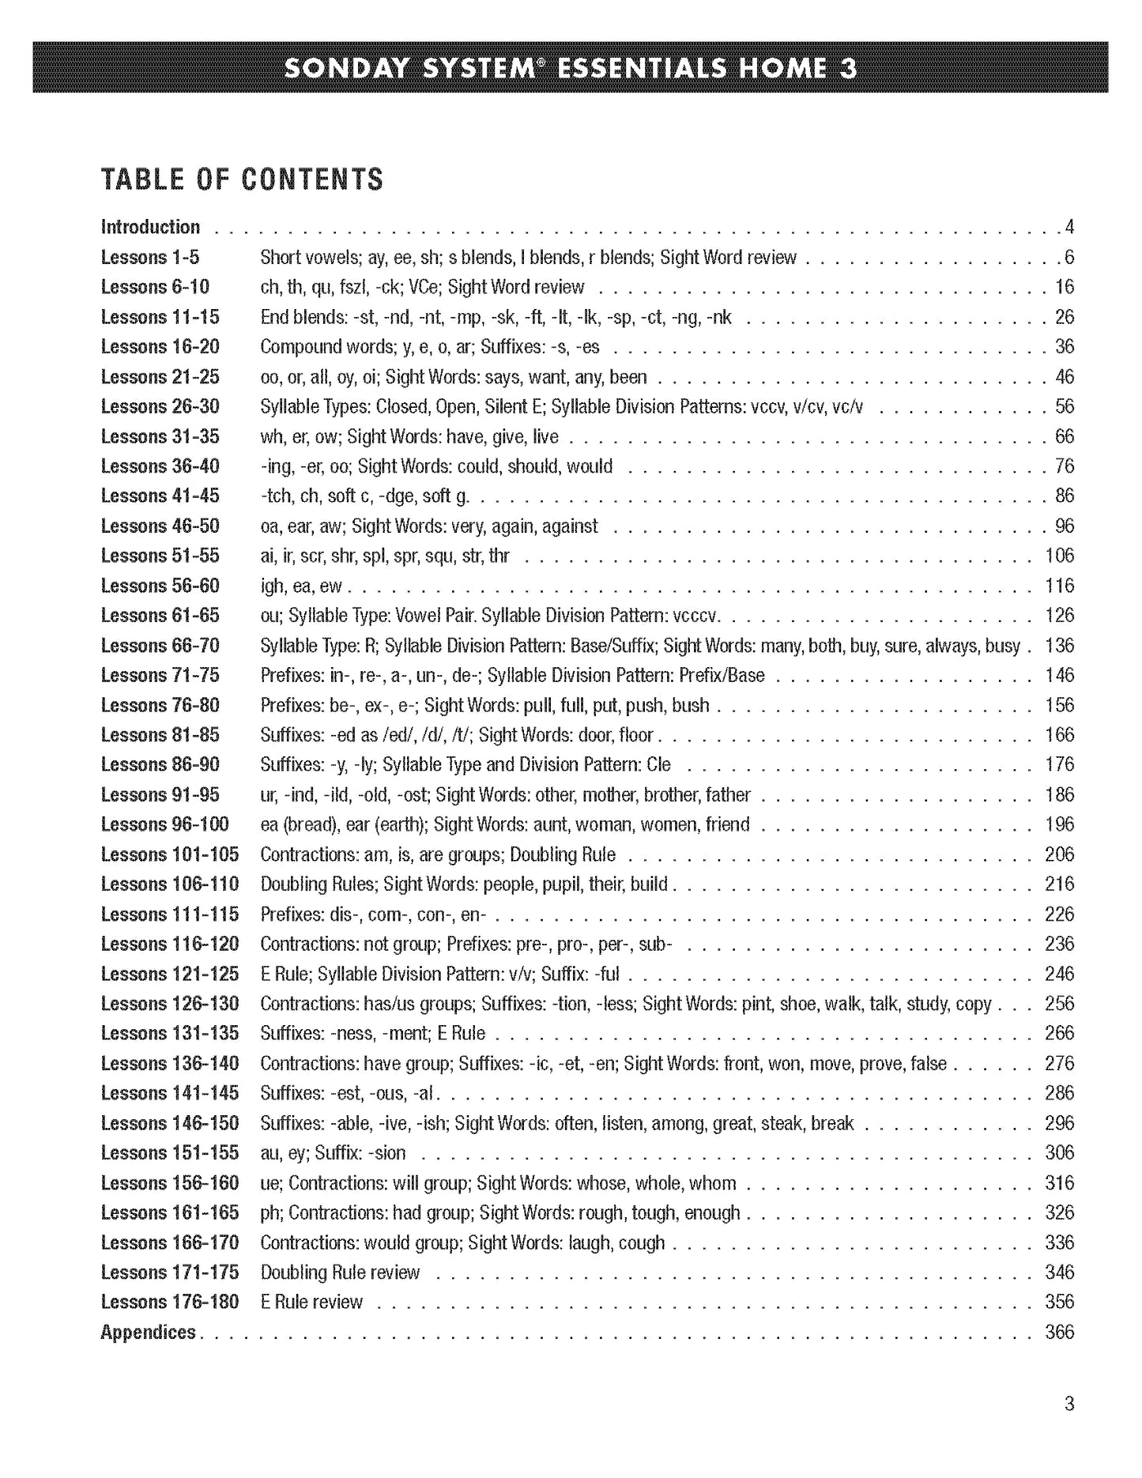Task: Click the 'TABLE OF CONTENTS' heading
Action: pyautogui.click(x=242, y=180)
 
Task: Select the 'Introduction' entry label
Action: pyautogui.click(x=150, y=228)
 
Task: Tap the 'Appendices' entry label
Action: pyautogui.click(x=148, y=1332)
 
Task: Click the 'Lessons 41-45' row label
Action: pyautogui.click(x=160, y=496)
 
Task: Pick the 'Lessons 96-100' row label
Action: pyautogui.click(x=164, y=824)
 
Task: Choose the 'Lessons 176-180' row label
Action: pyautogui.click(x=169, y=1302)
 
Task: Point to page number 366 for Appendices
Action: pyautogui.click(x=1059, y=1332)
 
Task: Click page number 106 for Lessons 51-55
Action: pyautogui.click(x=1059, y=556)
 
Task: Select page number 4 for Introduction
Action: pyautogui.click(x=1069, y=228)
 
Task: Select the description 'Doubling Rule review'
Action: pyautogui.click(x=340, y=1273)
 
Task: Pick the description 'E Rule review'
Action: pyautogui.click(x=311, y=1302)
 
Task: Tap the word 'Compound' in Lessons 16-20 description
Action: pyautogui.click(x=297, y=347)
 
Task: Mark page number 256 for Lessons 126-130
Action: pyautogui.click(x=1059, y=1004)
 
